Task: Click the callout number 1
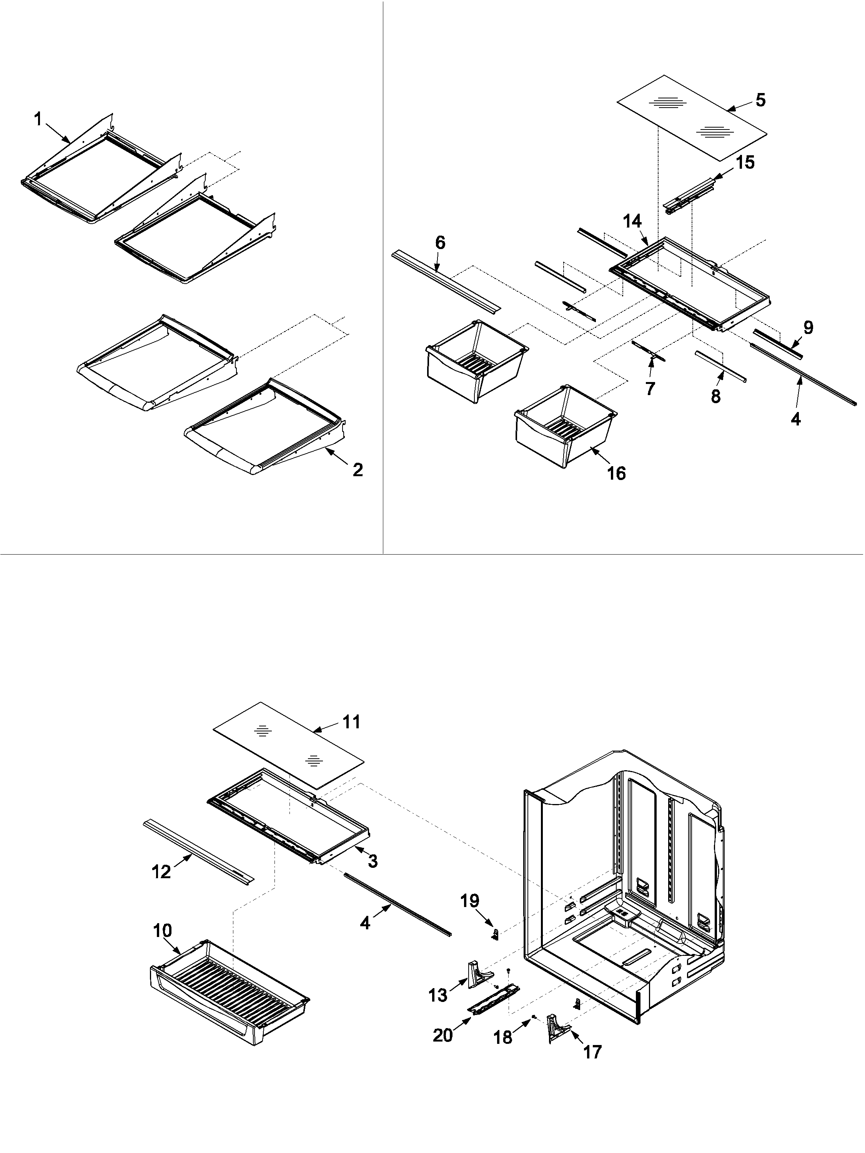tap(38, 120)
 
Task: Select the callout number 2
tap(357, 470)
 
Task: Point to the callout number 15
tap(745, 162)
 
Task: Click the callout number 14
tap(632, 221)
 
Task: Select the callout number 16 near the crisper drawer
tap(616, 473)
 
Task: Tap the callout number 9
tap(808, 327)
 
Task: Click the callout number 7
tap(650, 388)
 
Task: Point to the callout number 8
tap(716, 396)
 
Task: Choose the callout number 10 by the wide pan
tap(162, 930)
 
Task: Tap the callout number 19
tap(469, 901)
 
